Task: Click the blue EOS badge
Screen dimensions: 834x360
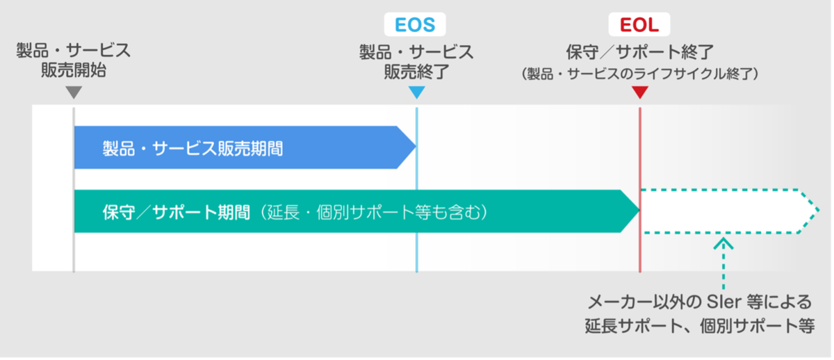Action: click(415, 24)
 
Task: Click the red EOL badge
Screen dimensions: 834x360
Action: click(639, 24)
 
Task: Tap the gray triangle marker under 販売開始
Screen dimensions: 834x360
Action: click(74, 92)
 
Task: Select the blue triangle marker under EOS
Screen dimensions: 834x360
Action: click(416, 92)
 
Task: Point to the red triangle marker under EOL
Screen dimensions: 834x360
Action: click(640, 92)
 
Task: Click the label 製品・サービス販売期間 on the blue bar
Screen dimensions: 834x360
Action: click(193, 148)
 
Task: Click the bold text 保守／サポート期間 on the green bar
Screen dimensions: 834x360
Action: click(176, 212)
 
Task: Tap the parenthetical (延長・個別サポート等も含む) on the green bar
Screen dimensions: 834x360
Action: click(373, 212)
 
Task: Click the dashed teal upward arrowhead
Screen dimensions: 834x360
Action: click(723, 244)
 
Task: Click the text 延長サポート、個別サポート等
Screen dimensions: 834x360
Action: click(700, 326)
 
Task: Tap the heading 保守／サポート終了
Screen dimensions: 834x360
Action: click(639, 52)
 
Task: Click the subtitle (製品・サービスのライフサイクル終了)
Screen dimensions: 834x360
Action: click(639, 74)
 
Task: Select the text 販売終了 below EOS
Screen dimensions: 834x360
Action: click(416, 72)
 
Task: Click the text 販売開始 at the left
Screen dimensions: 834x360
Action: click(74, 70)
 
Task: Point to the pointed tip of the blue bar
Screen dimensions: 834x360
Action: click(416, 147)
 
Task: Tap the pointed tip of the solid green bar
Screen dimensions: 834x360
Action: click(639, 211)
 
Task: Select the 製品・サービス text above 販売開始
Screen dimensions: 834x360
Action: click(74, 50)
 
